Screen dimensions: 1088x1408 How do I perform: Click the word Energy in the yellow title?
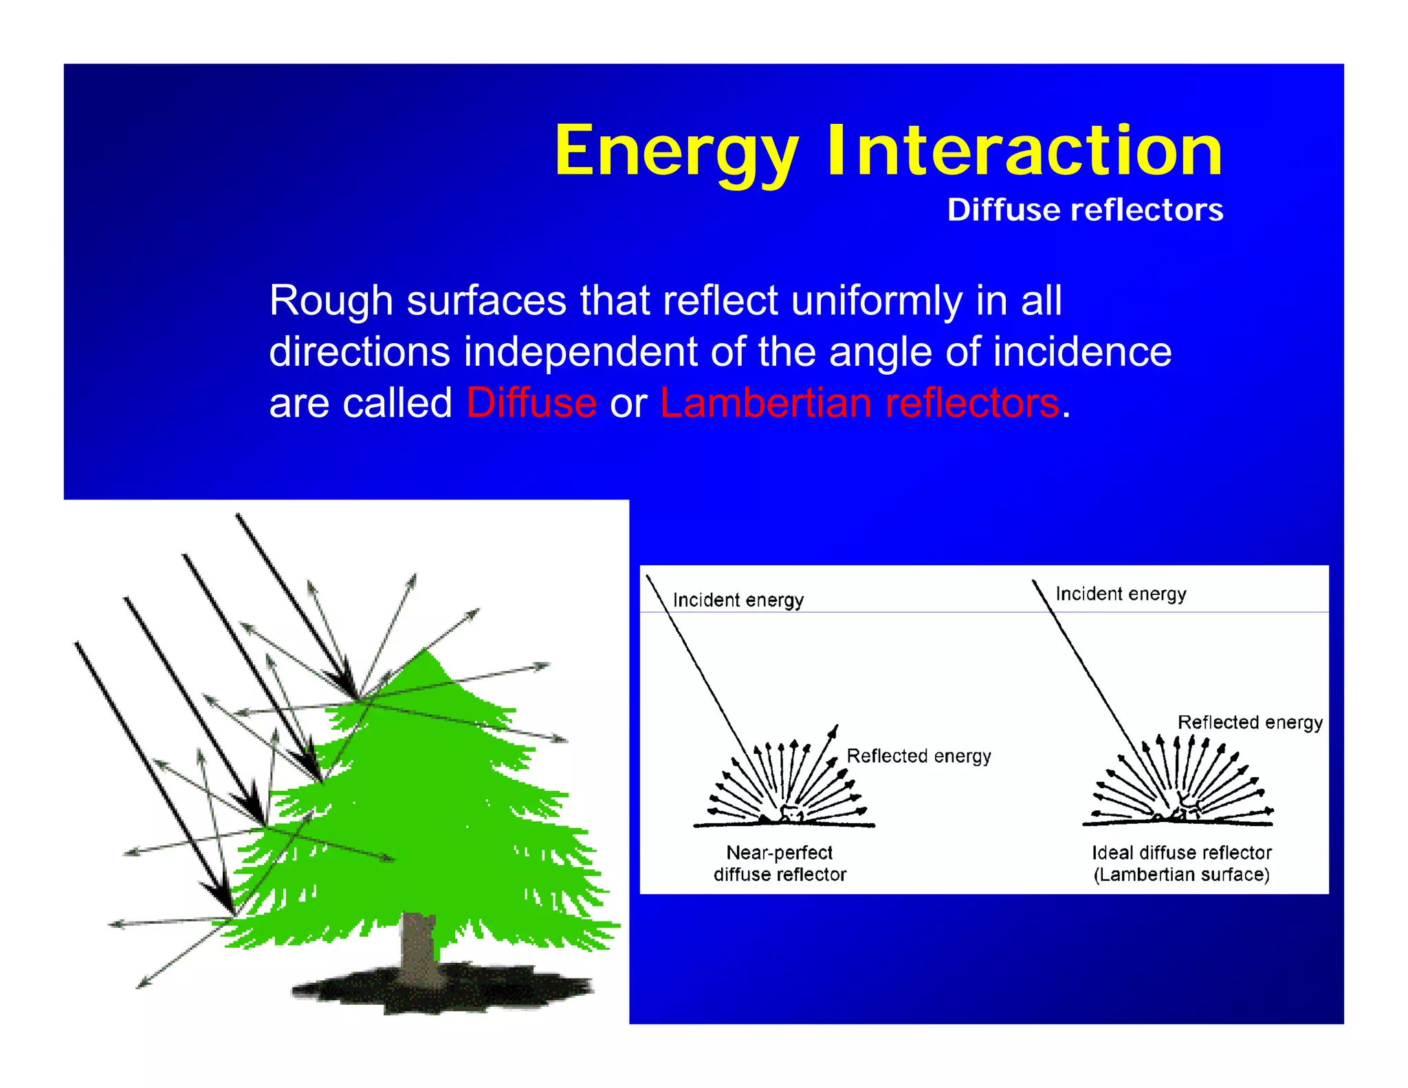677,151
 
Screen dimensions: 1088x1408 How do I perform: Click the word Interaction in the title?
1024,151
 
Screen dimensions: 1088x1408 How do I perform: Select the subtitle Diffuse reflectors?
1085,210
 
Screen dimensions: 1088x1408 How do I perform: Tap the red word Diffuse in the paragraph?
531,403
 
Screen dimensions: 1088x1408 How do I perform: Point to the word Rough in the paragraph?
331,301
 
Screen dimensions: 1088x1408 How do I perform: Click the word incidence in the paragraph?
1082,352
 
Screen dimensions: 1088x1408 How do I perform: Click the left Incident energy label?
738,600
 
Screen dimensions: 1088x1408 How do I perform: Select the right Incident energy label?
1121,594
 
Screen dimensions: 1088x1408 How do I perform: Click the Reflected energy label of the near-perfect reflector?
918,756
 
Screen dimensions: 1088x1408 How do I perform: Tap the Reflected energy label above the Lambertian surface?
1250,722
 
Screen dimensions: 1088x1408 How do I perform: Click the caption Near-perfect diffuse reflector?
780,864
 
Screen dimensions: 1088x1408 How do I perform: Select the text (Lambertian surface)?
1181,875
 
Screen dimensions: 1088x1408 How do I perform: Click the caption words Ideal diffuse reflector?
1181,853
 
